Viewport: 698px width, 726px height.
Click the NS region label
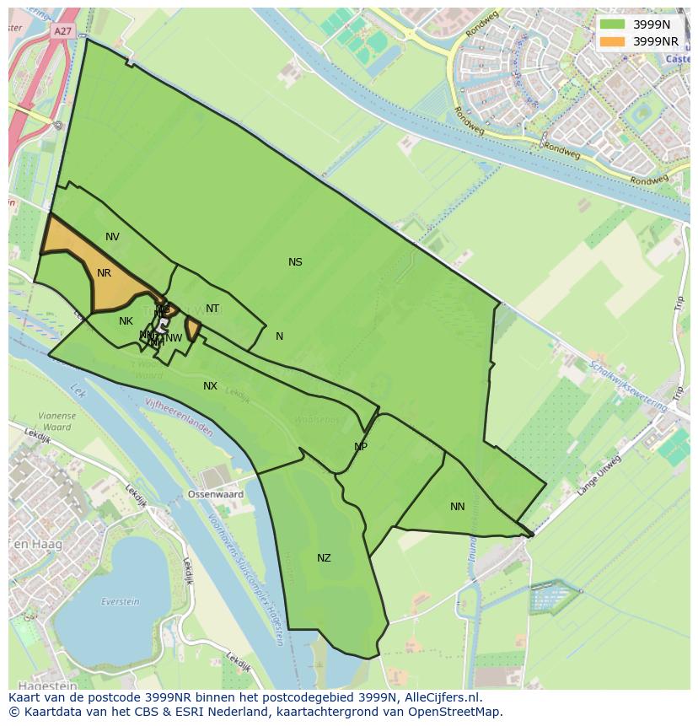point(295,262)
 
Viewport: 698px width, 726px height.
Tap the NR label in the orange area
point(104,273)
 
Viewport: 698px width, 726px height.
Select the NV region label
point(112,237)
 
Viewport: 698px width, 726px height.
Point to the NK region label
point(126,321)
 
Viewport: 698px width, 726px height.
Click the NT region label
point(212,309)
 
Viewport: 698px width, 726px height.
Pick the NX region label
point(210,386)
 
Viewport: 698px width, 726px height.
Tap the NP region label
point(361,447)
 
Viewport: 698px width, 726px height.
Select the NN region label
point(457,507)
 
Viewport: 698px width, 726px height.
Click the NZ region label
point(324,558)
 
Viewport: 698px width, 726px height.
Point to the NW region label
point(174,338)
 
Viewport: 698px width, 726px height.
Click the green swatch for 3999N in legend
point(613,24)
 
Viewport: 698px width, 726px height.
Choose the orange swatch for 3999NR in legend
point(613,40)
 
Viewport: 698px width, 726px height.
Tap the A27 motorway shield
point(62,31)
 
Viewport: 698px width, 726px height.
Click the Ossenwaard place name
point(216,495)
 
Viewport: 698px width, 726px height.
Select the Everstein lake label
point(120,601)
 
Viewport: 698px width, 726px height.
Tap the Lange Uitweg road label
point(599,476)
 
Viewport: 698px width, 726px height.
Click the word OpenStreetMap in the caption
point(454,712)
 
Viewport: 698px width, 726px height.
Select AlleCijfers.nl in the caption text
point(442,697)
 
